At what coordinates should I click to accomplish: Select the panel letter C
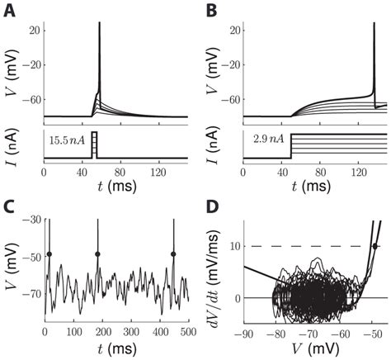coord(12,203)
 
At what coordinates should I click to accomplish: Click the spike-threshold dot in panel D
coord(375,245)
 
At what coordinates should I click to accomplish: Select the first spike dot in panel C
coord(50,254)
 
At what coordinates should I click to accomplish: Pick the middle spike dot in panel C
coord(98,254)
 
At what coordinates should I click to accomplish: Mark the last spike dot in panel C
coord(174,254)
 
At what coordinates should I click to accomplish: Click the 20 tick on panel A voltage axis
coord(34,30)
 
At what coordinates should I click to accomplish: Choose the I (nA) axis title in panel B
coord(216,142)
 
